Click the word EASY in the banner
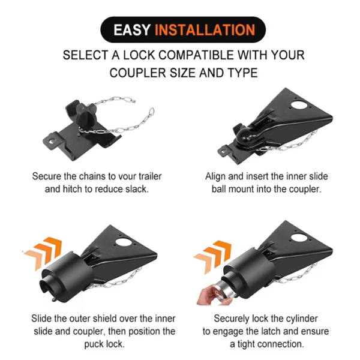point(133,29)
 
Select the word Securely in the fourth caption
point(234,318)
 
